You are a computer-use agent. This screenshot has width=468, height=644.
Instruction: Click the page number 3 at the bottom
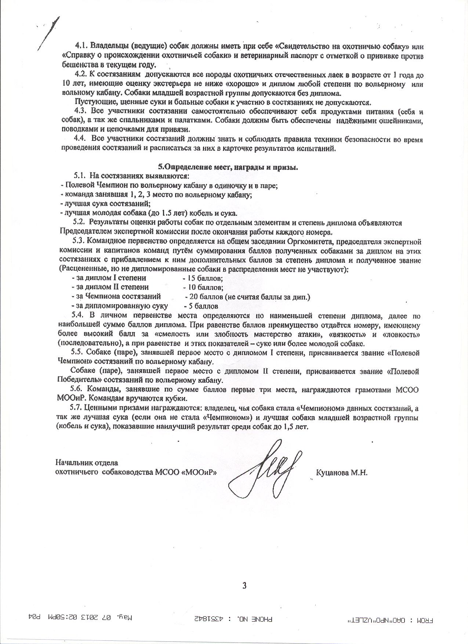[244, 584]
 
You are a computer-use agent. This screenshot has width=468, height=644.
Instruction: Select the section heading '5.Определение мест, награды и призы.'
[231, 167]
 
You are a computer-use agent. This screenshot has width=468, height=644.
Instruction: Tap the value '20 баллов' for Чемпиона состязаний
[205, 297]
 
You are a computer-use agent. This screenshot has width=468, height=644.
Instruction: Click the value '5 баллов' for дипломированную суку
[202, 306]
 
